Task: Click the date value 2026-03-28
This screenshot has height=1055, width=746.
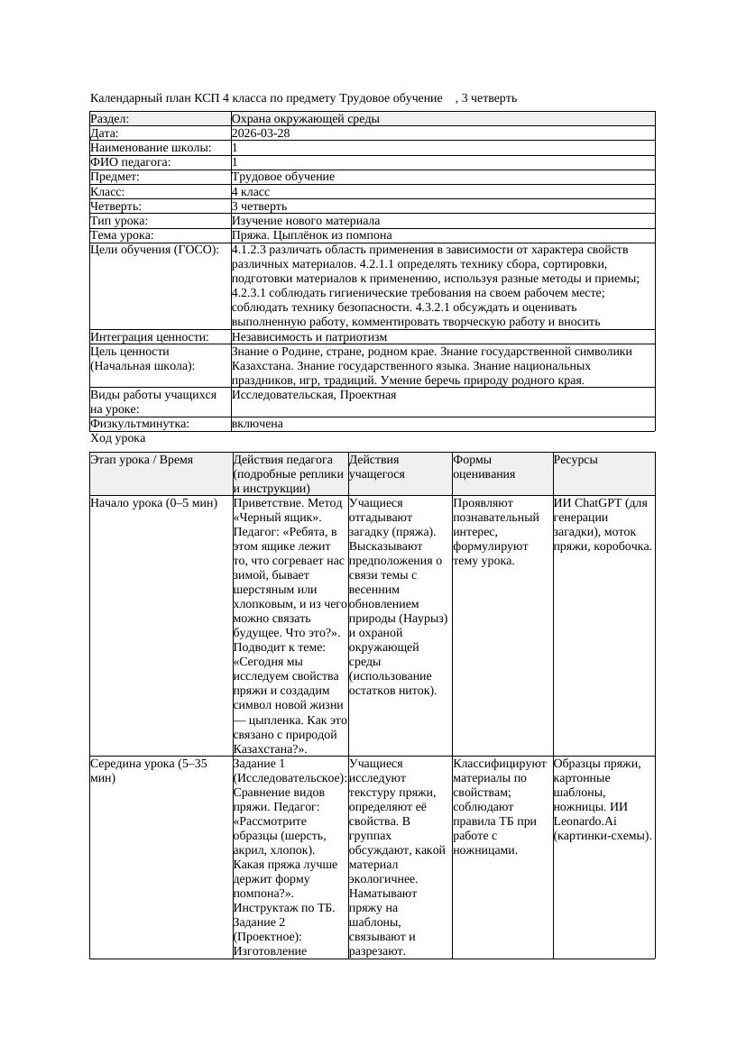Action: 261,133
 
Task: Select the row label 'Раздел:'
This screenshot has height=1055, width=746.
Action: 110,118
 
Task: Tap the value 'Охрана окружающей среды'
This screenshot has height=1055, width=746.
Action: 305,118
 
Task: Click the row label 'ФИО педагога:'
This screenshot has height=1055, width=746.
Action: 131,162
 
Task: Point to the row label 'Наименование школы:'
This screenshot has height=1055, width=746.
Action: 151,148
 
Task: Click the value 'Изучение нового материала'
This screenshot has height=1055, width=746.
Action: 305,221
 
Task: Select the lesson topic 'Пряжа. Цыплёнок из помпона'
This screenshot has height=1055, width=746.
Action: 309,235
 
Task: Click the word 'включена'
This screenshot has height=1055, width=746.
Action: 257,424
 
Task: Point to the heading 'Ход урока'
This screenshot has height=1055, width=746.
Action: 117,438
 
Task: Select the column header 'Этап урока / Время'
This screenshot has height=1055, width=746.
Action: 142,460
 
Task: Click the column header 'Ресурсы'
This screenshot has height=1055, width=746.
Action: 576,460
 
